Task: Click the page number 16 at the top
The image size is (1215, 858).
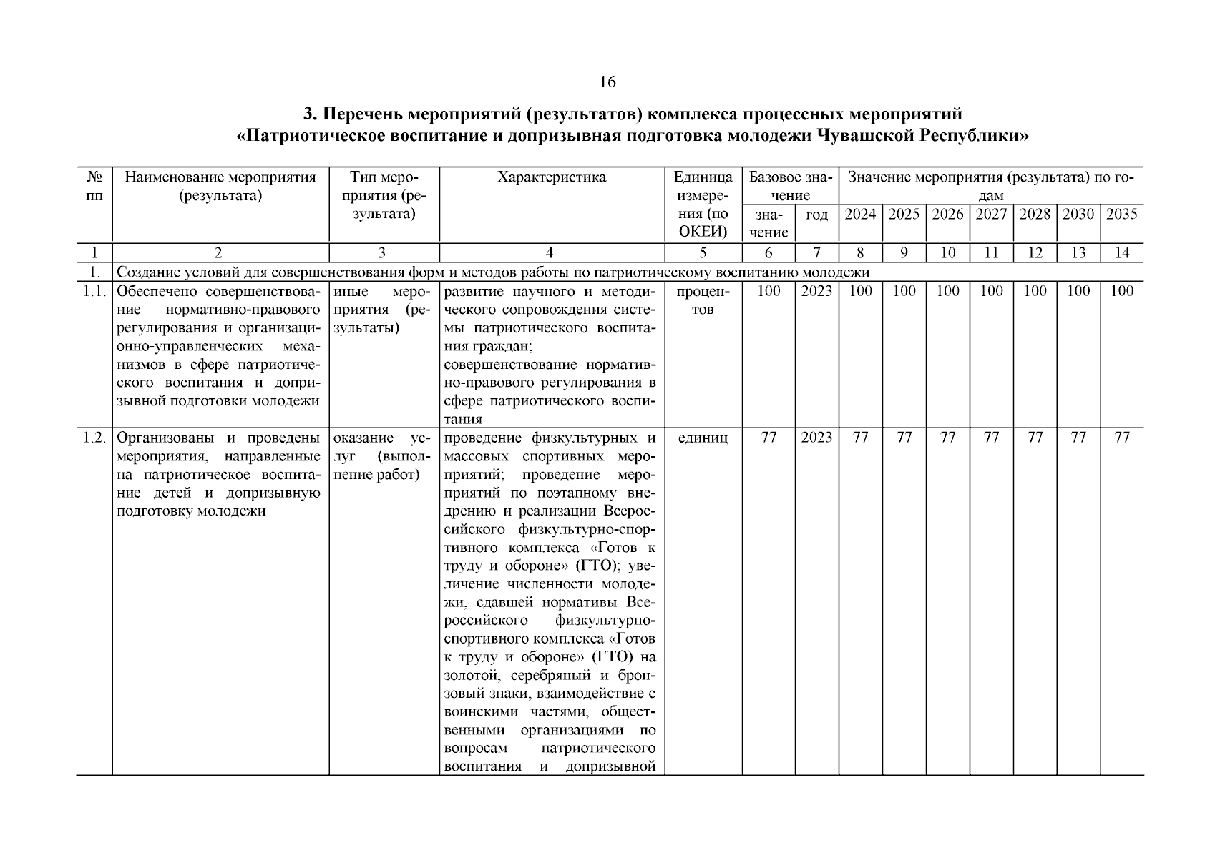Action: pyautogui.click(x=607, y=82)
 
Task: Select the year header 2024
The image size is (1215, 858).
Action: pyautogui.click(x=860, y=214)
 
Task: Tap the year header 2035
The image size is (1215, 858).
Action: pyautogui.click(x=1121, y=214)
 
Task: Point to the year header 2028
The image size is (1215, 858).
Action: pyautogui.click(x=1035, y=214)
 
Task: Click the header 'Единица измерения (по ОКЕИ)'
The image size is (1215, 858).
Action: pyautogui.click(x=703, y=204)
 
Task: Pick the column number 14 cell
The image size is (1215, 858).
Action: pyautogui.click(x=1121, y=252)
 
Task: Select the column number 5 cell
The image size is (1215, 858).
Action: pyautogui.click(x=703, y=252)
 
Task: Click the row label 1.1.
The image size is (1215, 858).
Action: pyautogui.click(x=94, y=291)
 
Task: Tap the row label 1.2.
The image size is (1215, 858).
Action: pyautogui.click(x=94, y=438)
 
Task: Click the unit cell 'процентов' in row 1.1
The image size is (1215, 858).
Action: pyautogui.click(x=703, y=300)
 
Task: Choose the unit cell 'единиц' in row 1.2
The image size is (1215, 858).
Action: pyautogui.click(x=703, y=438)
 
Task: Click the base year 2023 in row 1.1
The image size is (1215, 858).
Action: pyautogui.click(x=816, y=291)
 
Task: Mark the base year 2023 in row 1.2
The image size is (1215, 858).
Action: pyautogui.click(x=816, y=438)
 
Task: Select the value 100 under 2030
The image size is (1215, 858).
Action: pyautogui.click(x=1078, y=291)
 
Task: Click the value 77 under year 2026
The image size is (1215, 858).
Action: pyautogui.click(x=947, y=438)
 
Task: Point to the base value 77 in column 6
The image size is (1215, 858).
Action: pyautogui.click(x=768, y=438)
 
